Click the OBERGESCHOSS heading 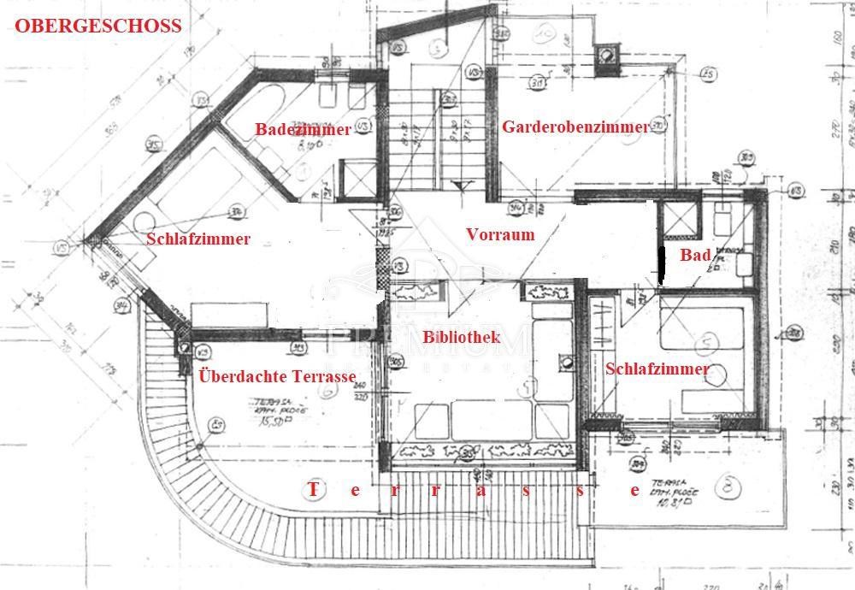(98, 26)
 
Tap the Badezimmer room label (303, 130)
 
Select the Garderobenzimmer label (575, 127)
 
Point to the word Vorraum (500, 234)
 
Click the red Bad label (695, 255)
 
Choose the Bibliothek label (461, 337)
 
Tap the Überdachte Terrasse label (277, 375)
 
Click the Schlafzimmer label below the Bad (657, 369)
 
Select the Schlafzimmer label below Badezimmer (198, 239)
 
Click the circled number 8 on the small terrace (727, 487)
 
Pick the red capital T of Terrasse (312, 490)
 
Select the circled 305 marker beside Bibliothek (396, 362)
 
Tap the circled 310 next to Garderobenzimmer (657, 127)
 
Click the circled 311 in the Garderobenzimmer (514, 83)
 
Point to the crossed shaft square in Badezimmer (353, 178)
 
